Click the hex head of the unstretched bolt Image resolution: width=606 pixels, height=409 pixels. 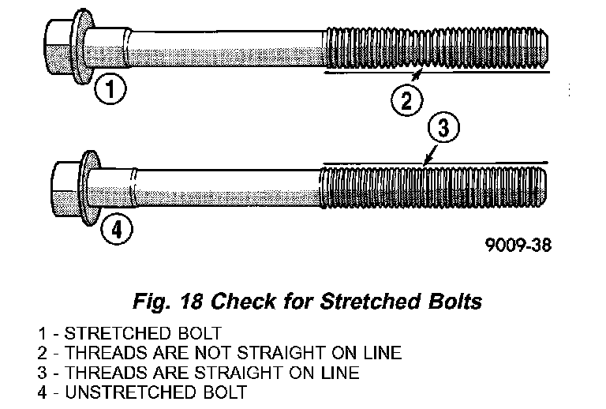click(x=66, y=190)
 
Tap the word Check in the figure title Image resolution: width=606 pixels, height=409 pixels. click(x=240, y=302)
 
